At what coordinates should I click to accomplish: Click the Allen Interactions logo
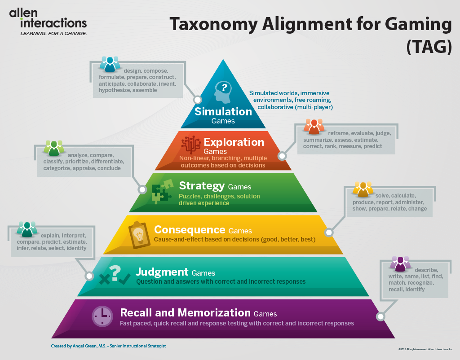(48, 21)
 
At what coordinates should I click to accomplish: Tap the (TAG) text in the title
(429, 47)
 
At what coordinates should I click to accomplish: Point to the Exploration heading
(234, 142)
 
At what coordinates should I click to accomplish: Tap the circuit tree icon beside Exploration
(190, 144)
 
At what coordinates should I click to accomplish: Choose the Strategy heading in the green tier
(202, 185)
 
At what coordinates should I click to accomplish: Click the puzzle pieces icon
(161, 191)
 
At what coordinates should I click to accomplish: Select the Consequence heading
(189, 230)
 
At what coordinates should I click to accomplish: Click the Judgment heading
(162, 272)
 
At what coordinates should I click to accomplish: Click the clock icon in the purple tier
(102, 316)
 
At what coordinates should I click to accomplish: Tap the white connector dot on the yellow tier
(329, 233)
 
